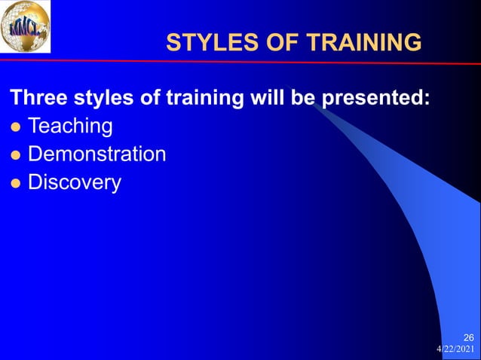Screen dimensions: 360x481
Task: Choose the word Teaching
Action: (x=70, y=127)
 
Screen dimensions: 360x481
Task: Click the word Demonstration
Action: (x=97, y=154)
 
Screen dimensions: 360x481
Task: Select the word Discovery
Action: (x=74, y=183)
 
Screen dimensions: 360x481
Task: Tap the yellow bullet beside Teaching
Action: (x=14, y=127)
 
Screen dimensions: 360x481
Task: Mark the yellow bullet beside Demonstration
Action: (x=14, y=155)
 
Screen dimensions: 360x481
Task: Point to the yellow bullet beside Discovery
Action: (x=14, y=183)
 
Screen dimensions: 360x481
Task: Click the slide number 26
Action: (x=468, y=337)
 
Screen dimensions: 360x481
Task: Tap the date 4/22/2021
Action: (x=455, y=349)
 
